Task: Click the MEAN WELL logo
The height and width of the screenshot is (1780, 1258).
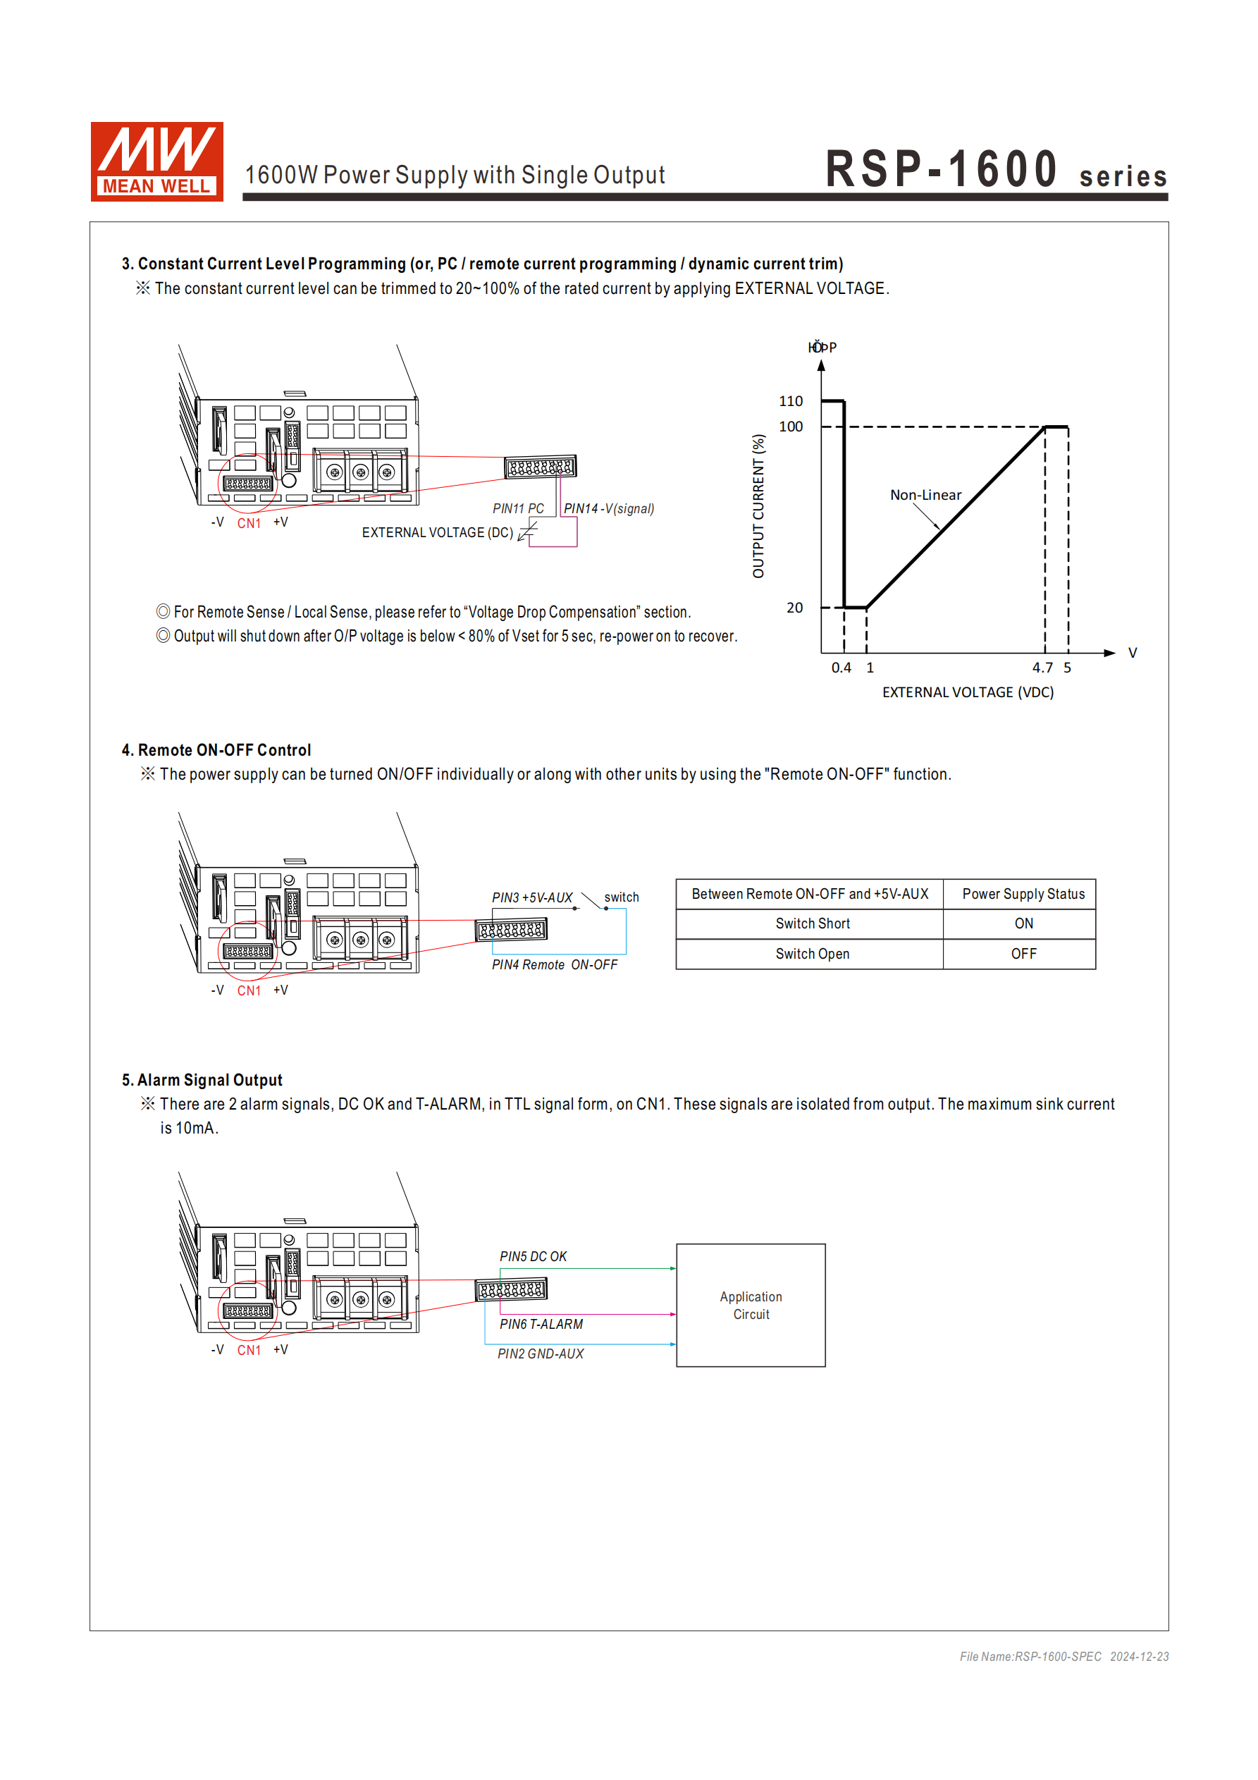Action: (x=156, y=161)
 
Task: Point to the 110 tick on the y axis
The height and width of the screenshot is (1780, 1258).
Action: (x=791, y=401)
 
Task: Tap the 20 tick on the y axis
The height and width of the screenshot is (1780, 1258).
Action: (x=794, y=608)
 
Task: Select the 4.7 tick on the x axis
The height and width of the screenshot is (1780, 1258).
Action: (x=1042, y=668)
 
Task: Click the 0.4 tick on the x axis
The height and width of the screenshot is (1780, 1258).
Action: (x=841, y=668)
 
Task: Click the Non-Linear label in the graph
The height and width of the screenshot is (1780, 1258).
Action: (x=925, y=495)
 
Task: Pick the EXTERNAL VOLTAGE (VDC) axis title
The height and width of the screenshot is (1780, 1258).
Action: (x=968, y=692)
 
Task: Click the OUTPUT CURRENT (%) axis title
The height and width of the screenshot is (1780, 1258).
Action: (x=758, y=505)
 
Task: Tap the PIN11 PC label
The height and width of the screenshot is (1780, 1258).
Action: (x=518, y=508)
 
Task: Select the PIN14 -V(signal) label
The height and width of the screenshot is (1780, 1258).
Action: (x=608, y=508)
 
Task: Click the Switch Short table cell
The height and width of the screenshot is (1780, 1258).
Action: (x=813, y=923)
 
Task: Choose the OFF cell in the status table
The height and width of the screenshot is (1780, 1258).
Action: (x=1023, y=954)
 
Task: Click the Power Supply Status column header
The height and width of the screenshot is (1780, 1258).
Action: (x=1023, y=894)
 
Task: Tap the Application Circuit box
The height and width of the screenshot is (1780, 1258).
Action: (x=751, y=1305)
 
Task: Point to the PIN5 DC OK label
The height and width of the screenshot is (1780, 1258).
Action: (x=533, y=1256)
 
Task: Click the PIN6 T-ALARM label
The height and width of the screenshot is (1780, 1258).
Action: (x=541, y=1324)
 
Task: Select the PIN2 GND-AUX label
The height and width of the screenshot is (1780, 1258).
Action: (x=541, y=1354)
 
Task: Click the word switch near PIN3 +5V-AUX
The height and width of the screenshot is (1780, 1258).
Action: (x=622, y=897)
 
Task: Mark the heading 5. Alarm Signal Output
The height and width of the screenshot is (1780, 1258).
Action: (x=202, y=1080)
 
